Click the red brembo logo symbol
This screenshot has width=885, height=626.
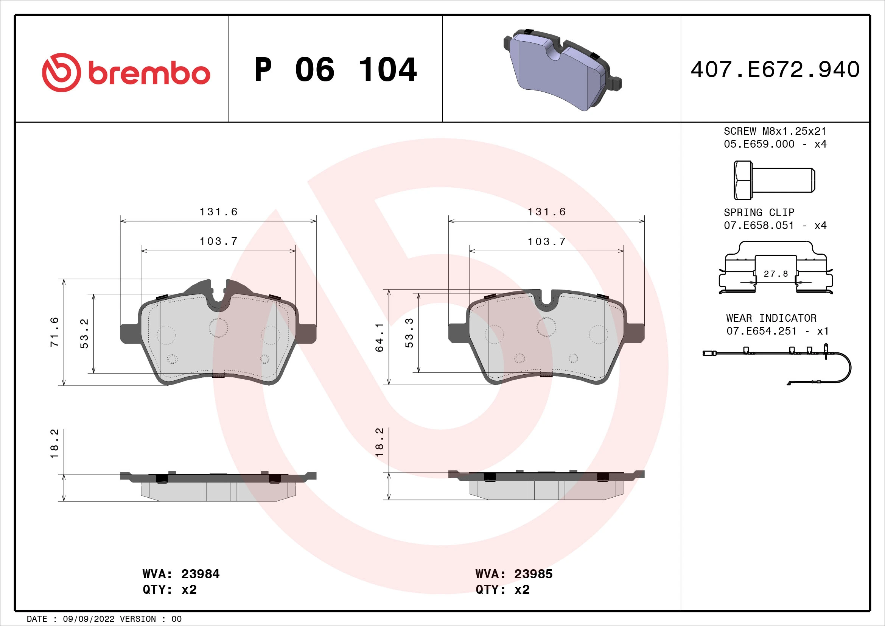(x=62, y=72)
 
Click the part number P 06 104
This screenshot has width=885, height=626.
(x=335, y=70)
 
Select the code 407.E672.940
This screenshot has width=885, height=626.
(x=775, y=70)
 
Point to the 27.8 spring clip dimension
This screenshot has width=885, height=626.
(x=776, y=274)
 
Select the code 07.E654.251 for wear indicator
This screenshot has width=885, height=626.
(x=761, y=331)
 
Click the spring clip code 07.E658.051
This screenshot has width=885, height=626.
(x=759, y=225)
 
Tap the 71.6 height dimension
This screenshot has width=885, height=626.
(x=54, y=332)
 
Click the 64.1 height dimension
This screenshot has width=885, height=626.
(x=380, y=337)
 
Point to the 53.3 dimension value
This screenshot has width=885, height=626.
(x=409, y=333)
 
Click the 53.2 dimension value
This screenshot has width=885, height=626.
(x=84, y=333)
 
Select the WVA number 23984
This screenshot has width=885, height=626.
(x=200, y=574)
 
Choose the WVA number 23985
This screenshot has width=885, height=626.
(x=533, y=574)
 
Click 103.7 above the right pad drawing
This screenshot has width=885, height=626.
(x=547, y=242)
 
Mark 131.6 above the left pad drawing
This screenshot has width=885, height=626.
(x=218, y=212)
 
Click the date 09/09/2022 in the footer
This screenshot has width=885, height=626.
(x=89, y=619)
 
